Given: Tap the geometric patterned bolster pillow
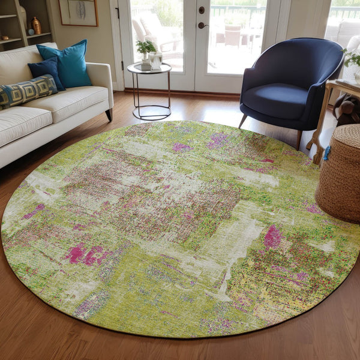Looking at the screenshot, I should pyautogui.click(x=27, y=92).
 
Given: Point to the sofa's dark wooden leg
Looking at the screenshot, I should pyautogui.click(x=109, y=114).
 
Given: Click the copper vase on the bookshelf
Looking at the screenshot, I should pyautogui.click(x=36, y=26).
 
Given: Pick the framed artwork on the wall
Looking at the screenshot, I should pyautogui.click(x=78, y=12).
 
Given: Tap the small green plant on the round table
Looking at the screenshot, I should pyautogui.click(x=145, y=47).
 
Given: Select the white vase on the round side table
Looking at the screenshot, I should pyautogui.click(x=156, y=60).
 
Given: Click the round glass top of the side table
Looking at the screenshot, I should pyautogui.click(x=149, y=69).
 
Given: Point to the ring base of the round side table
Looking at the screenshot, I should pyautogui.click(x=151, y=112).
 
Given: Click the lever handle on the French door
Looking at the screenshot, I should pyautogui.click(x=203, y=25).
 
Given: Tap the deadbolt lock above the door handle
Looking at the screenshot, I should pyautogui.click(x=202, y=10).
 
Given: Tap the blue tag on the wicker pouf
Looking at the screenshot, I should pyautogui.click(x=327, y=153).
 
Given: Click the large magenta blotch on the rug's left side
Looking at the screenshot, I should pyautogui.click(x=84, y=254).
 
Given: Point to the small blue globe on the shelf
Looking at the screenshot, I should pyautogui.click(x=31, y=32).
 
